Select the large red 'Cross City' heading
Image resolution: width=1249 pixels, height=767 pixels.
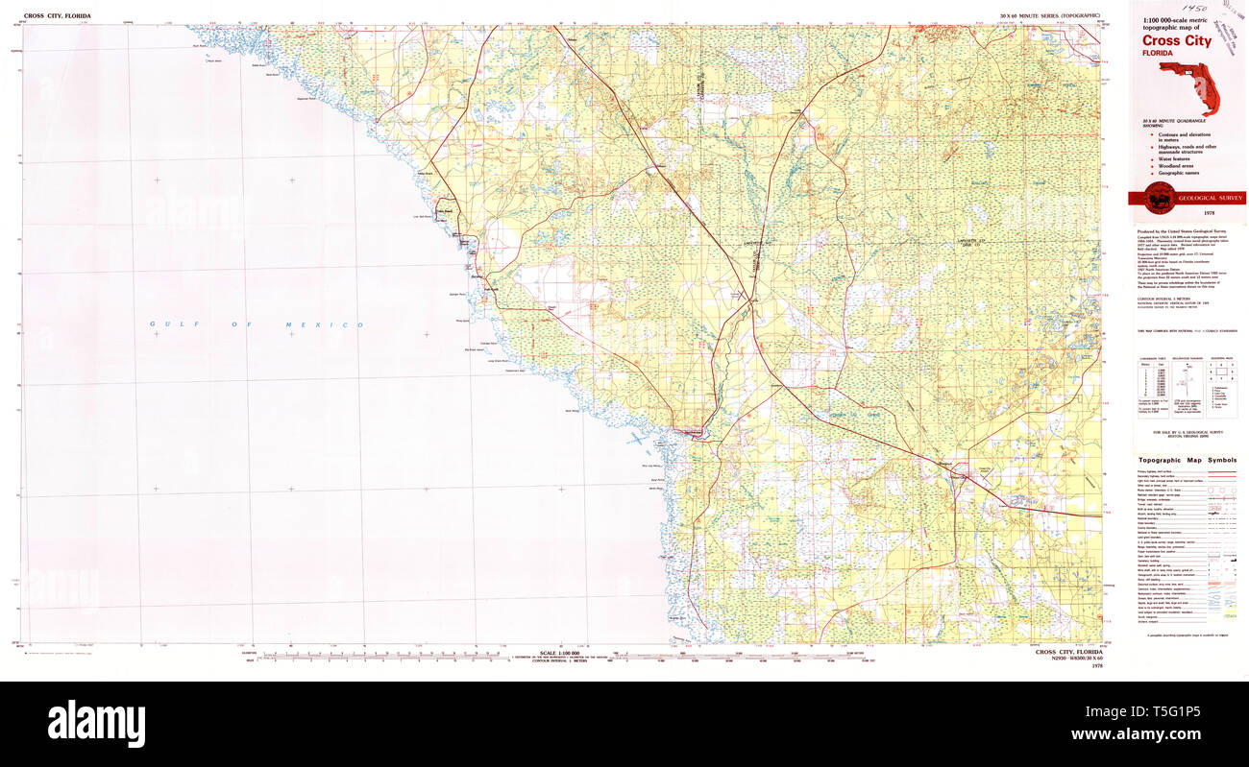[1177, 41]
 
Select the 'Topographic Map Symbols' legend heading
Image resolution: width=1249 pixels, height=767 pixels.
[1188, 460]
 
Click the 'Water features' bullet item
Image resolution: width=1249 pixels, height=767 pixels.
[1176, 157]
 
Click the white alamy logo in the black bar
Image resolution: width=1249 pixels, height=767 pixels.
[96, 723]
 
